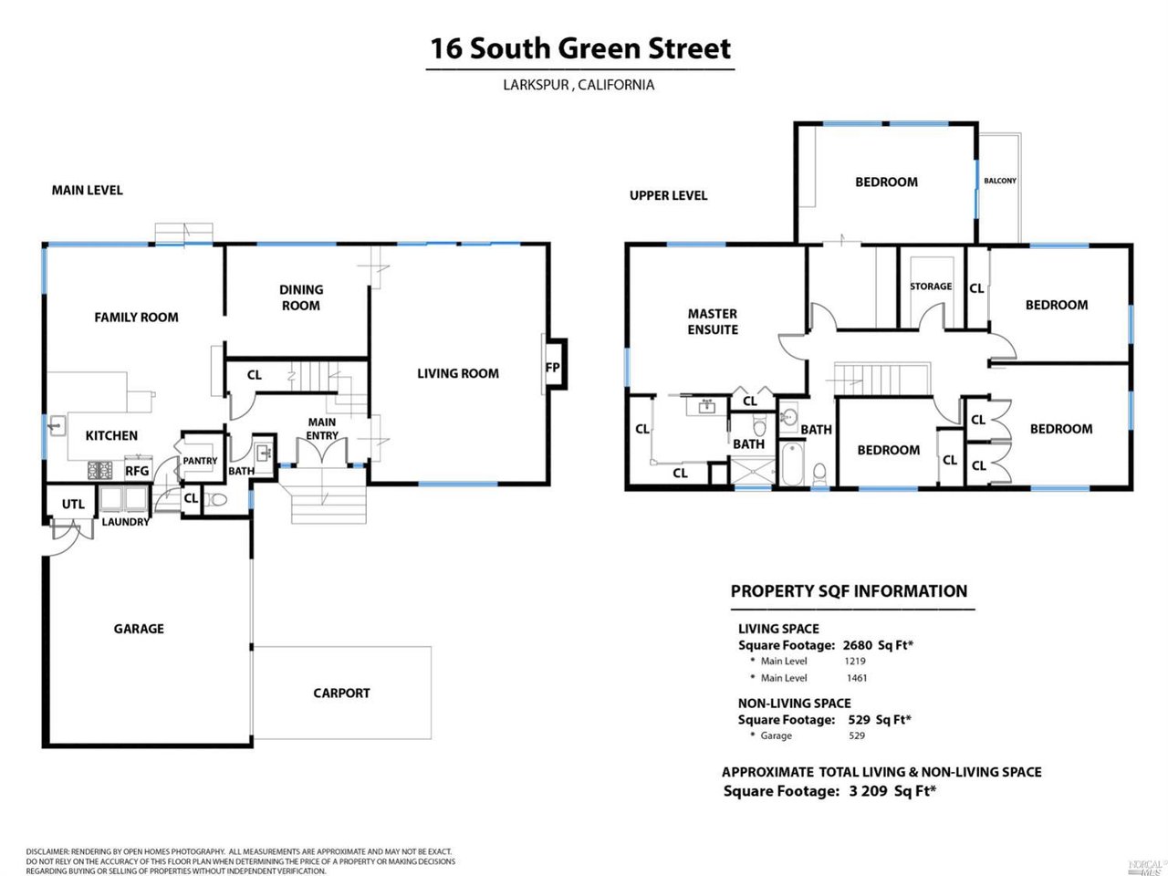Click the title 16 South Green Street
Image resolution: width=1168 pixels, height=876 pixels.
tap(580, 48)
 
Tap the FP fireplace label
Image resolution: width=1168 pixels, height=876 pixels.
tap(552, 368)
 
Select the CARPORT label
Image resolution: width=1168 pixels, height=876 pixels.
tap(341, 693)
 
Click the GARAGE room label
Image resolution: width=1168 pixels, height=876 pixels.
tap(139, 629)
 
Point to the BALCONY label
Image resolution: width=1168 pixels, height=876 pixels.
tap(999, 181)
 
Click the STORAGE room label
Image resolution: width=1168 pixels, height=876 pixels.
tap(930, 287)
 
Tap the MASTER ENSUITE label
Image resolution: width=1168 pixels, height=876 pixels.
tap(713, 321)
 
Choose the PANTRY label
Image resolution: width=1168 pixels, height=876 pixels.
tap(200, 461)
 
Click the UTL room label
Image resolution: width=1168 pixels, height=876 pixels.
tap(73, 504)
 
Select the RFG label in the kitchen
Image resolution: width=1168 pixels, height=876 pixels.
tap(137, 471)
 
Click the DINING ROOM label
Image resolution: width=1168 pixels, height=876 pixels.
tap(301, 297)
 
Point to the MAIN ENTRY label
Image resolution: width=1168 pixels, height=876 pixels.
tap(322, 429)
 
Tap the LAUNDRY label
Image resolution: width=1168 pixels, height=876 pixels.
tap(125, 522)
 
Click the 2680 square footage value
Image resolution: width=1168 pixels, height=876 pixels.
tap(858, 645)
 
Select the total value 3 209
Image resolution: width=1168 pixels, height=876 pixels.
tap(868, 791)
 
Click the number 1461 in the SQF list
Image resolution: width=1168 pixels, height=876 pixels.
tap(856, 678)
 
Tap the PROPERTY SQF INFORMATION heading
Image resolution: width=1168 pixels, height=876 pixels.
tap(849, 591)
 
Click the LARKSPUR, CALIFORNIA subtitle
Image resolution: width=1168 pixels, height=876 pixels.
tap(579, 85)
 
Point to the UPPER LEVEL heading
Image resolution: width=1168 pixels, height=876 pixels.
tap(668, 195)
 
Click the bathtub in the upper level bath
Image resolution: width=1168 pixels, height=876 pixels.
tap(791, 465)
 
